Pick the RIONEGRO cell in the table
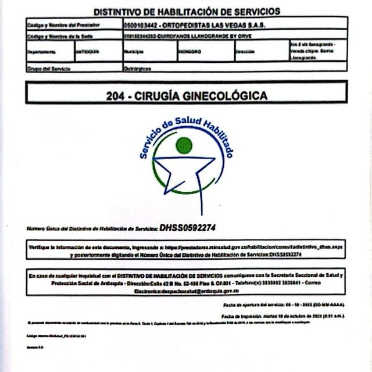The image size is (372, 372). pyautogui.click(x=190, y=51)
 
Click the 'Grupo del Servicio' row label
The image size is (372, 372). pyautogui.click(x=49, y=69)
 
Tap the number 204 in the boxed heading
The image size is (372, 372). pyautogui.click(x=115, y=95)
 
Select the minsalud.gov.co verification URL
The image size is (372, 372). pyautogui.click(x=256, y=248)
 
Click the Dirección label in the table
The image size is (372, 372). pyautogui.click(x=244, y=51)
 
